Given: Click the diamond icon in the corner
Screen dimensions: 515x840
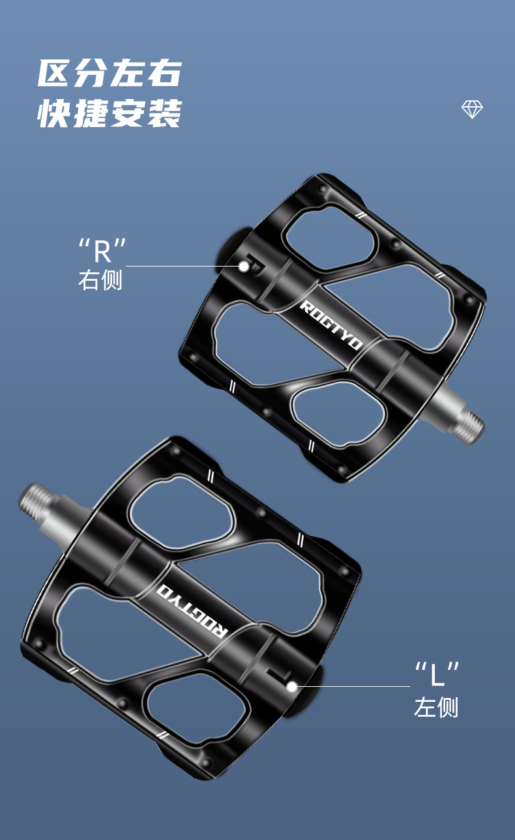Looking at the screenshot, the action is tap(472, 109).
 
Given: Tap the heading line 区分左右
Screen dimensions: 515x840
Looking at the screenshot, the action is tap(110, 73).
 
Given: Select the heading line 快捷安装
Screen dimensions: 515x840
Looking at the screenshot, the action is tap(110, 113).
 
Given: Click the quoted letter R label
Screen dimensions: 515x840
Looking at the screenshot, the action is tap(102, 250).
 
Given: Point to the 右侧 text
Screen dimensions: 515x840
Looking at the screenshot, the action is tap(100, 280).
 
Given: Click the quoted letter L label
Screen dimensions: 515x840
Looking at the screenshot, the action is tap(437, 674).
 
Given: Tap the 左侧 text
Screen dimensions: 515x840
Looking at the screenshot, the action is tap(436, 707).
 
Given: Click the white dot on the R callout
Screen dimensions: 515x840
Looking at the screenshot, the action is tap(243, 267).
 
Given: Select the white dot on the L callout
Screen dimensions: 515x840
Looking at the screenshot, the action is tap(292, 687).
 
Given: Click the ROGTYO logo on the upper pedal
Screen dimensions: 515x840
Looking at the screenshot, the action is tap(332, 325).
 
